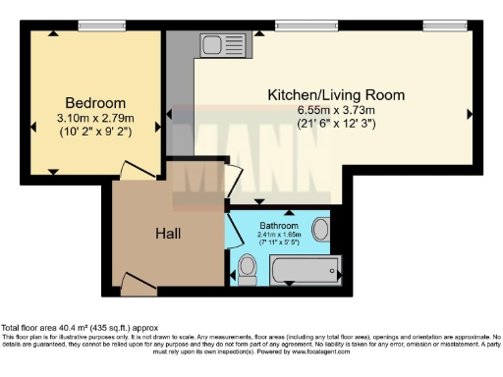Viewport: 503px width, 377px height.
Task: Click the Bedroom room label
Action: (95, 103)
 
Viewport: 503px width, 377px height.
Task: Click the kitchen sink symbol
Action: (213, 43)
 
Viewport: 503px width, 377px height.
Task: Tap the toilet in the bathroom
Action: (248, 265)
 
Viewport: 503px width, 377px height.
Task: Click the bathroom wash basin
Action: (321, 233)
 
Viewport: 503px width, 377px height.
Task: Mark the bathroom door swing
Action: (235, 231)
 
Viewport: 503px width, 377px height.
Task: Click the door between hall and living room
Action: (231, 183)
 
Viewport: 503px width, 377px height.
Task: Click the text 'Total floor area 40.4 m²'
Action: (59, 327)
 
